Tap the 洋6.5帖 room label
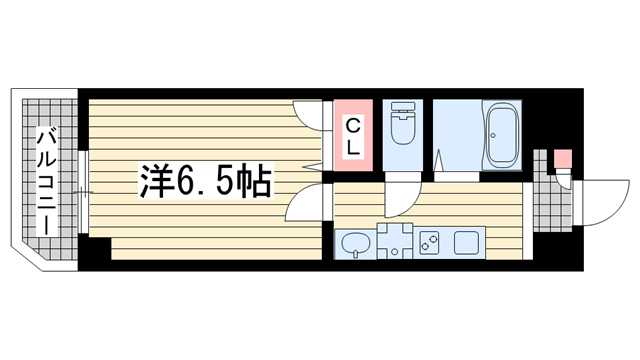coord(206,181)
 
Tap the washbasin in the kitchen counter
coord(355,242)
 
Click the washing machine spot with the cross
coord(395,241)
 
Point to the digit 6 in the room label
coord(190,181)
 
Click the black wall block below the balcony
coord(96,250)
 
